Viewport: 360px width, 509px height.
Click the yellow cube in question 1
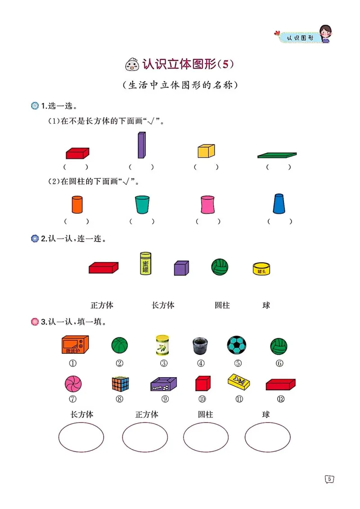click(x=206, y=151)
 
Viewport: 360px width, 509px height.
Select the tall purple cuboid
click(x=141, y=145)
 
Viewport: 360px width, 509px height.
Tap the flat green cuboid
click(x=277, y=155)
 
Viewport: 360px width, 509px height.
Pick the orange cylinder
click(x=77, y=205)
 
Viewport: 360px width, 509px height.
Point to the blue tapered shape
click(x=279, y=204)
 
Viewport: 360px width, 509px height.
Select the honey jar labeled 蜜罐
click(x=145, y=263)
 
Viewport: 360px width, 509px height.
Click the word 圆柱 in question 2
click(x=222, y=305)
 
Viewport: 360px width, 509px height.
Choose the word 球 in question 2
click(x=266, y=305)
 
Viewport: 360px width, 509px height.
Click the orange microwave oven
click(x=75, y=345)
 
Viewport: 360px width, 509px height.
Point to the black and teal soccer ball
click(x=236, y=345)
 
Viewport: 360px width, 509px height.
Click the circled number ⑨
click(x=165, y=399)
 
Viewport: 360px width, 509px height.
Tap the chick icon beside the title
click(x=131, y=66)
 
